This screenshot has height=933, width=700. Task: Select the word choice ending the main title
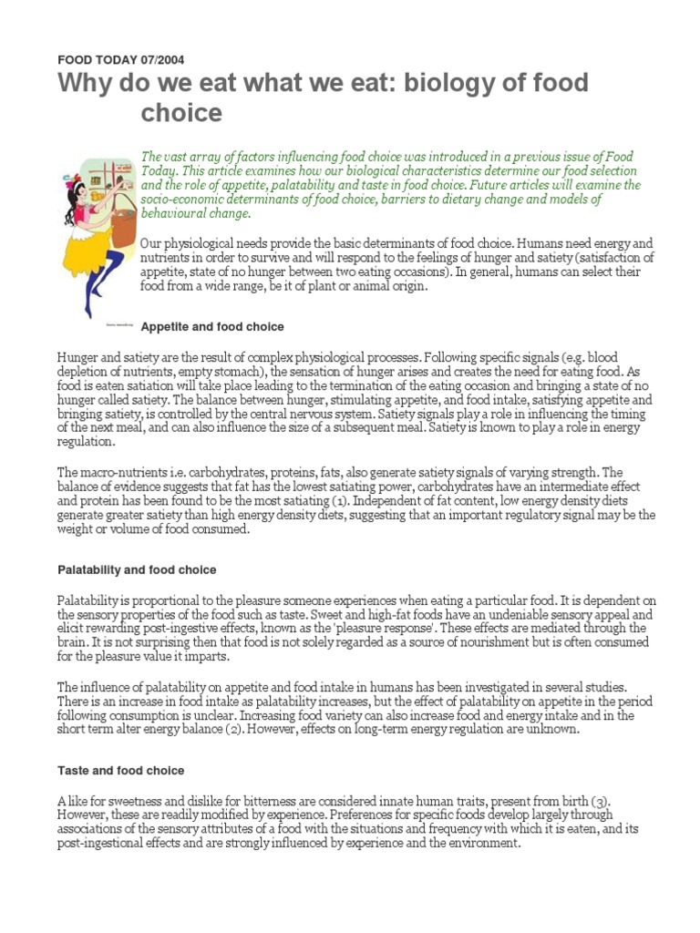[180, 113]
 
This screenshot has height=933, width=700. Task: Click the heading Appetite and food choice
[212, 326]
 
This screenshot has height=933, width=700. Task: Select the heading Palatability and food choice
[137, 569]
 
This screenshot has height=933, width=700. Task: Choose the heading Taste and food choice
[120, 771]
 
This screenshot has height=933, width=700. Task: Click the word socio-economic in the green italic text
[182, 200]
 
